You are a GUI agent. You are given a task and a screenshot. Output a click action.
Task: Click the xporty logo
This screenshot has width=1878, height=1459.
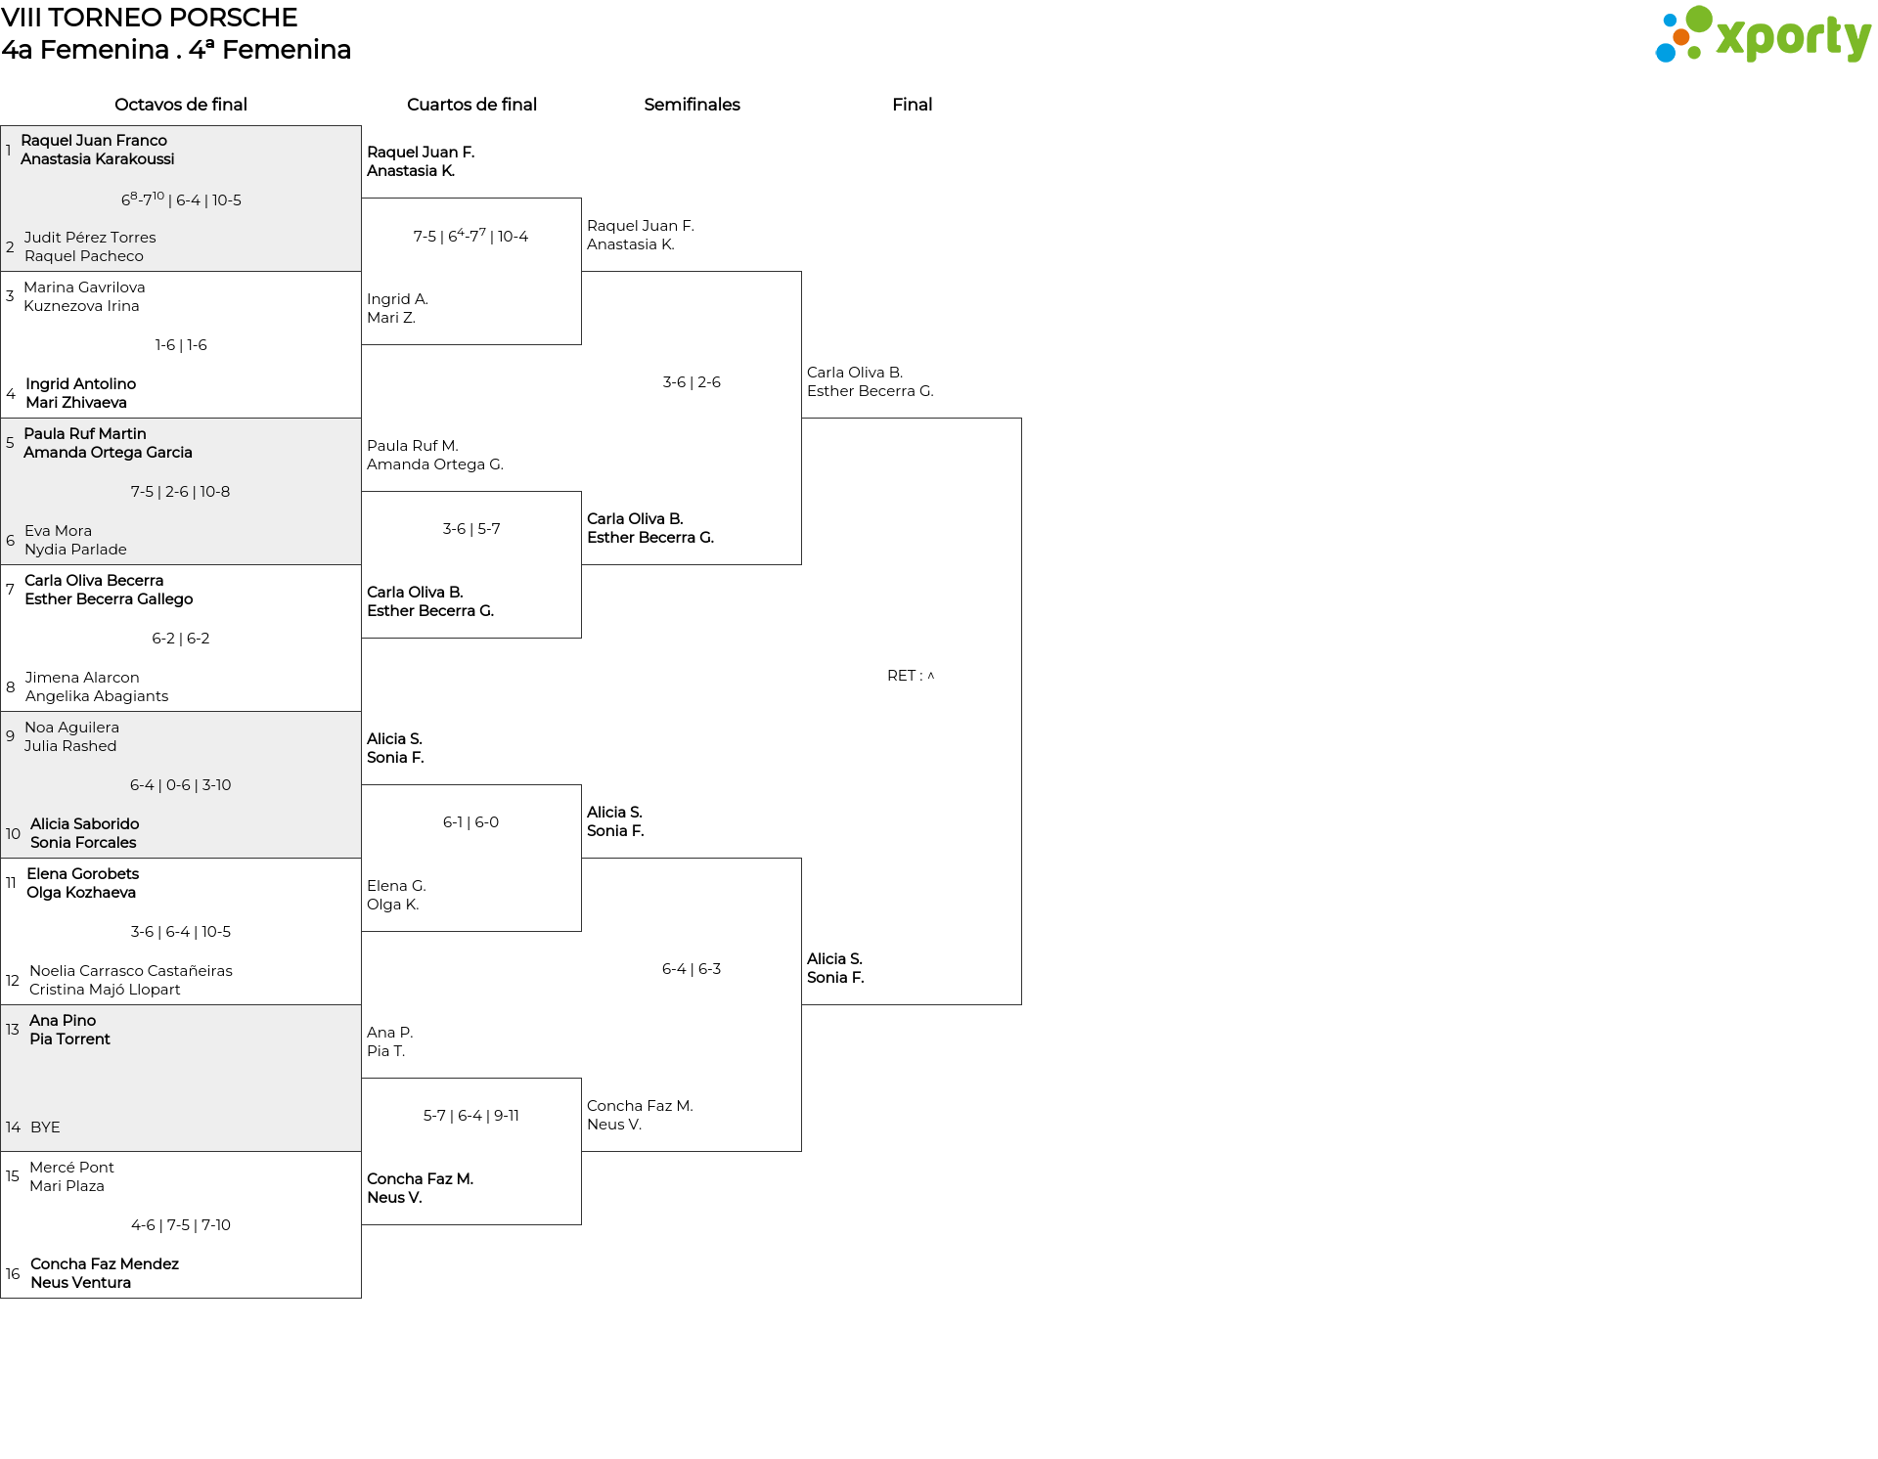[1763, 34]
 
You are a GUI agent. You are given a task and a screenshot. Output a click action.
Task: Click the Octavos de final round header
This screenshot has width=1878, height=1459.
[181, 105]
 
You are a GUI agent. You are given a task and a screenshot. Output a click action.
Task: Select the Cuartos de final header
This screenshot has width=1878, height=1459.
[471, 105]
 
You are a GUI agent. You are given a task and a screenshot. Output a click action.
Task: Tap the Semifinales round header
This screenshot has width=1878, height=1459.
[692, 105]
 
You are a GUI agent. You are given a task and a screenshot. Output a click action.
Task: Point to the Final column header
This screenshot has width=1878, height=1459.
[912, 105]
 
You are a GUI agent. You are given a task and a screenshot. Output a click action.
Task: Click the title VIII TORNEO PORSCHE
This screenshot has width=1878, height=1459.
[150, 18]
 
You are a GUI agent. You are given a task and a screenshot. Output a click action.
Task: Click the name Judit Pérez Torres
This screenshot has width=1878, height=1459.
[90, 238]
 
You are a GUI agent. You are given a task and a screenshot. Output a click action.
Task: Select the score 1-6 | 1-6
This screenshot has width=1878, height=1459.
[181, 345]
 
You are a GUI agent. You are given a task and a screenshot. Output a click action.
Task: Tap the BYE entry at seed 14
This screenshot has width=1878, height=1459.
[45, 1127]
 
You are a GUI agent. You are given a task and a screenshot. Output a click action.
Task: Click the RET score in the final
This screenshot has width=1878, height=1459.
[911, 676]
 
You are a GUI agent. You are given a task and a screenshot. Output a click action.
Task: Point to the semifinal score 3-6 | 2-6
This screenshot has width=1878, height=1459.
[692, 382]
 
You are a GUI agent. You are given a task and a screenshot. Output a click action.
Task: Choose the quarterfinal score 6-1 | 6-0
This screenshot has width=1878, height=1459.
[470, 822]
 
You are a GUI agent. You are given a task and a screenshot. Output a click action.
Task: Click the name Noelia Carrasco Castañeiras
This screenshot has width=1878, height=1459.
[131, 971]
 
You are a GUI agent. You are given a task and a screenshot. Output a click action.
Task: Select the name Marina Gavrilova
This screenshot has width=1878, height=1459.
[84, 287]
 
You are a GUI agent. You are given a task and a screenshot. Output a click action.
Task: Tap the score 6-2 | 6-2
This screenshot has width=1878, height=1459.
[181, 639]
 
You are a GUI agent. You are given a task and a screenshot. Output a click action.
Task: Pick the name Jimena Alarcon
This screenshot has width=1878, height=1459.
[82, 678]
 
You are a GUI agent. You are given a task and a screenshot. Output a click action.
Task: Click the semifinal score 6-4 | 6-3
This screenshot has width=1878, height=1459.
[692, 969]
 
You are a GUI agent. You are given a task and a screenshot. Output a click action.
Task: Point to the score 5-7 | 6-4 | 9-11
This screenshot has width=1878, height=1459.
[470, 1116]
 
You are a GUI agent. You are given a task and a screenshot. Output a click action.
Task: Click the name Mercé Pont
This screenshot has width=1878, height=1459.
[71, 1168]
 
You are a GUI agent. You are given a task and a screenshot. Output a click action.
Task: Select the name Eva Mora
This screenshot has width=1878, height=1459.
[58, 531]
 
